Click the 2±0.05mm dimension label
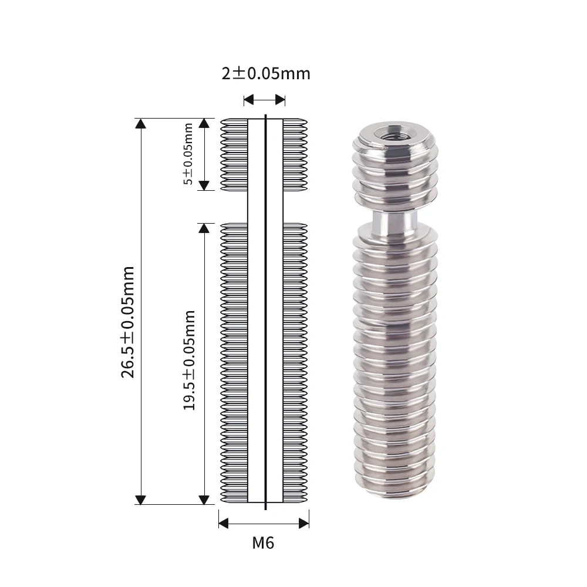coord(265,73)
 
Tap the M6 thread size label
coord(263,542)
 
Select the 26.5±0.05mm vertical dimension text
coord(128,322)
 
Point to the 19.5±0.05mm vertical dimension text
coord(189,359)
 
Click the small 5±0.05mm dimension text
coord(188,154)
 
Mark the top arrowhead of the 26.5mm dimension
coord(140,123)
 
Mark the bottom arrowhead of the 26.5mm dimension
coord(140,500)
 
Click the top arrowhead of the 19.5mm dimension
coord(204,228)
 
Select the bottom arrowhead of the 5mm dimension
coord(204,185)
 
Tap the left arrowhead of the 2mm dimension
coord(248,99)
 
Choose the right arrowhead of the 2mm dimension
coord(281,99)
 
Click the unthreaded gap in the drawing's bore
coord(265,205)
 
